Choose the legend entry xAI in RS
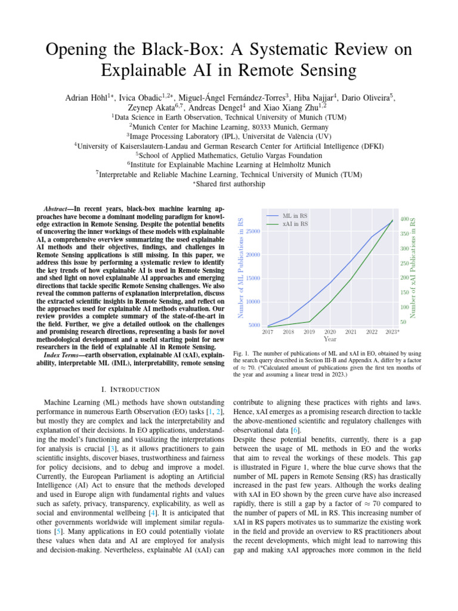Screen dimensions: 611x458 click(295, 224)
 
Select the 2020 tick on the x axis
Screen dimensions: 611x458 click(330, 331)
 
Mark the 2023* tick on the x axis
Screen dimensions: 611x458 click(392, 331)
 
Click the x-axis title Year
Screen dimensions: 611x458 click(330, 338)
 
